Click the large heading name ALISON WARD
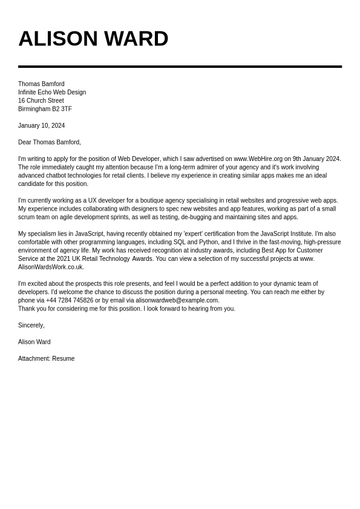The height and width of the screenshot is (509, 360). [x=93, y=39]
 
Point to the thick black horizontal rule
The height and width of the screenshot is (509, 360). [x=180, y=67]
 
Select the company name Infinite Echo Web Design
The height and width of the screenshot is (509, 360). [x=52, y=93]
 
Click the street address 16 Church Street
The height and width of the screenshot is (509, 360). [x=41, y=101]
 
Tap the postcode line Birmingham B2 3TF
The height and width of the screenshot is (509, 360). [x=45, y=110]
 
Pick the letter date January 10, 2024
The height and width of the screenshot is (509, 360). [x=41, y=126]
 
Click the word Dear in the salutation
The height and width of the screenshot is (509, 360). [x=25, y=143]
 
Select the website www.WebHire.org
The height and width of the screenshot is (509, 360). [x=258, y=159]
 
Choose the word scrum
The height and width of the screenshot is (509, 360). [x=27, y=217]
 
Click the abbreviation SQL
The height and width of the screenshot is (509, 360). [x=180, y=242]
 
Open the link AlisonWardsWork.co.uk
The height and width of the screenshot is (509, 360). [x=51, y=268]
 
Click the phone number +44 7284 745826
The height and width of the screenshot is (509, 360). [x=70, y=301]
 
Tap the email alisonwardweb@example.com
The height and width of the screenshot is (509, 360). [x=177, y=301]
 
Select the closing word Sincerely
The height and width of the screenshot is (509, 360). [x=31, y=326]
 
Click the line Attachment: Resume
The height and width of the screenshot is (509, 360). [x=46, y=359]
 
